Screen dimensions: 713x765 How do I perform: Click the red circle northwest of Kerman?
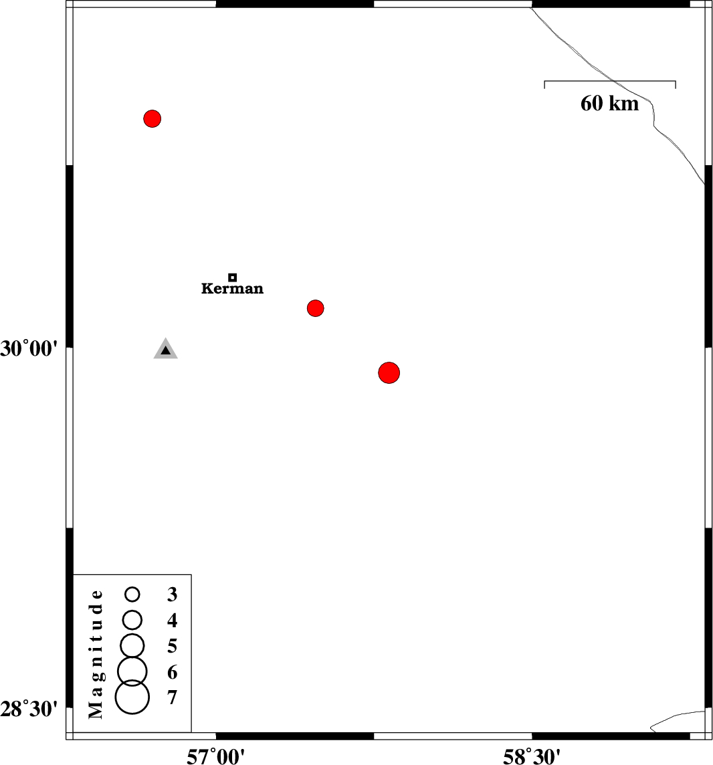(152, 118)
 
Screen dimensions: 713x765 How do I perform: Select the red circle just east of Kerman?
(315, 308)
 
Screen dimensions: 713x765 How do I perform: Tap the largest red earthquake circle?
(389, 372)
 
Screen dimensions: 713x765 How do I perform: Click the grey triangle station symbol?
(165, 349)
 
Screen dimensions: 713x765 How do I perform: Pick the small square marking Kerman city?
(233, 278)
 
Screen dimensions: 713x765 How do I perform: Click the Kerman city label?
(232, 288)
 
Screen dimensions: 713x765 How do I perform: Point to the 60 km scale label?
(609, 104)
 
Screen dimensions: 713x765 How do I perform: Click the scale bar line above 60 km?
(610, 81)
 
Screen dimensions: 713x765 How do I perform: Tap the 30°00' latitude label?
(29, 349)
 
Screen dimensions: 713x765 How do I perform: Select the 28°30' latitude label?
(29, 709)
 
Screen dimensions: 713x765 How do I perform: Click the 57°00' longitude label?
(215, 756)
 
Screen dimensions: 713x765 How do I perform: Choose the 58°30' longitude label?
(532, 756)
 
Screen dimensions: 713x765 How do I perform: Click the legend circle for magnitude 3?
(132, 594)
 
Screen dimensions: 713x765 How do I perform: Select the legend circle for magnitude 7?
(132, 697)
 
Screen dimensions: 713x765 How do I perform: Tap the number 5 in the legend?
(172, 646)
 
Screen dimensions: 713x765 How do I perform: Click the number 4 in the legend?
(172, 620)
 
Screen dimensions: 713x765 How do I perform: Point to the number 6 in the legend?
(172, 672)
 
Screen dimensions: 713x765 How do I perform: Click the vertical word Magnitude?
(96, 654)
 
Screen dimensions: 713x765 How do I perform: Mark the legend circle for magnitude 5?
(132, 646)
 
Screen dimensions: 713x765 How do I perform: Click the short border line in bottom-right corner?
(678, 719)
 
